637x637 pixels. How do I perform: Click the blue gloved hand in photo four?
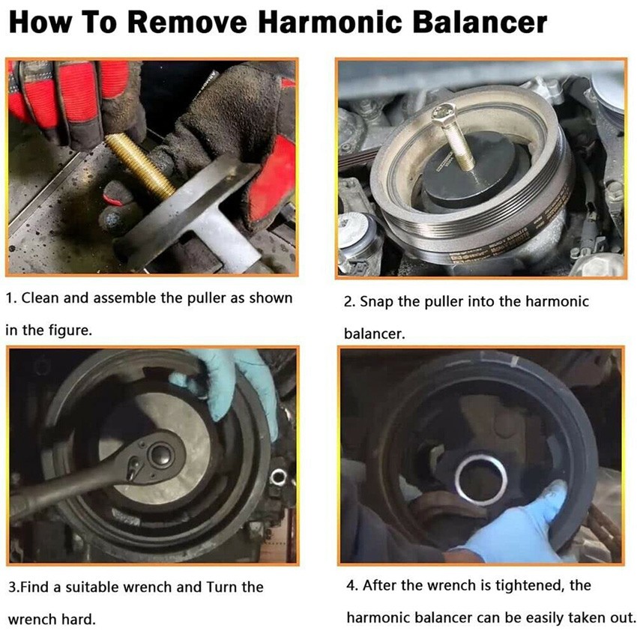tap(525, 525)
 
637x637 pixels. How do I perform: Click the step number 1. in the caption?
tap(11, 298)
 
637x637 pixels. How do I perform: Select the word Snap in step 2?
tap(376, 302)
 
